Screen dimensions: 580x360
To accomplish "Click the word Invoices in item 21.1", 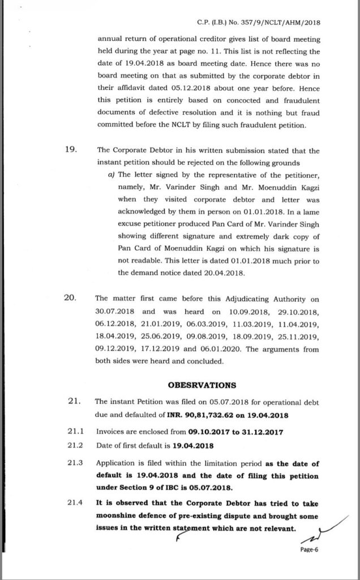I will [x=112, y=430].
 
